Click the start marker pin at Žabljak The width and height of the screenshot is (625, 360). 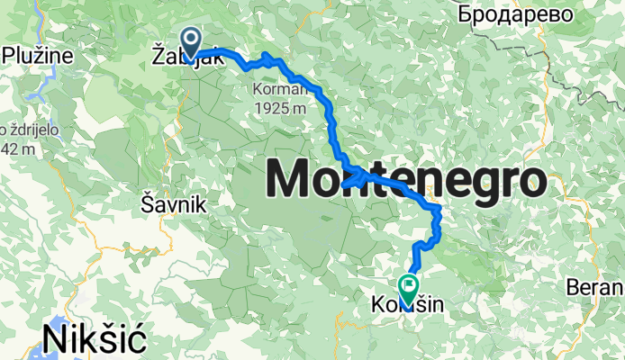pos(192,41)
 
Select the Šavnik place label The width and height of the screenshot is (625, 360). pos(174,205)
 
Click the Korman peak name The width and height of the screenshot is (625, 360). pos(282,90)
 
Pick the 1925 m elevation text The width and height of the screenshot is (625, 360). pos(282,107)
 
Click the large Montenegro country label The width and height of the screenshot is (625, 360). pos(405,179)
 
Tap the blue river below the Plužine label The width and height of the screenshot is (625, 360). pos(38,85)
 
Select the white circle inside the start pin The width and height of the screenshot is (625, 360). pos(192,37)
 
